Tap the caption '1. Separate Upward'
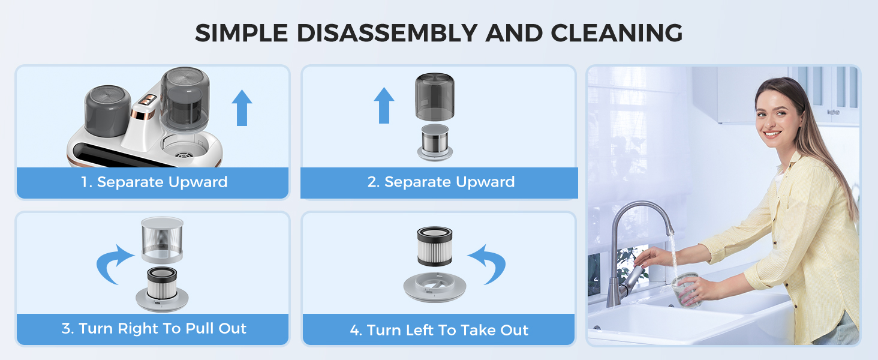pyautogui.click(x=154, y=182)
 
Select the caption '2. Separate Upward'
pyautogui.click(x=441, y=182)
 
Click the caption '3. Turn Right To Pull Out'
pyautogui.click(x=154, y=329)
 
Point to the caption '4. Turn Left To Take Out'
pyautogui.click(x=439, y=330)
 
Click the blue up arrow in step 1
pyautogui.click(x=242, y=107)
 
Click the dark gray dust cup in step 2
pyautogui.click(x=435, y=96)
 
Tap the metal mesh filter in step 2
pyautogui.click(x=435, y=140)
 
